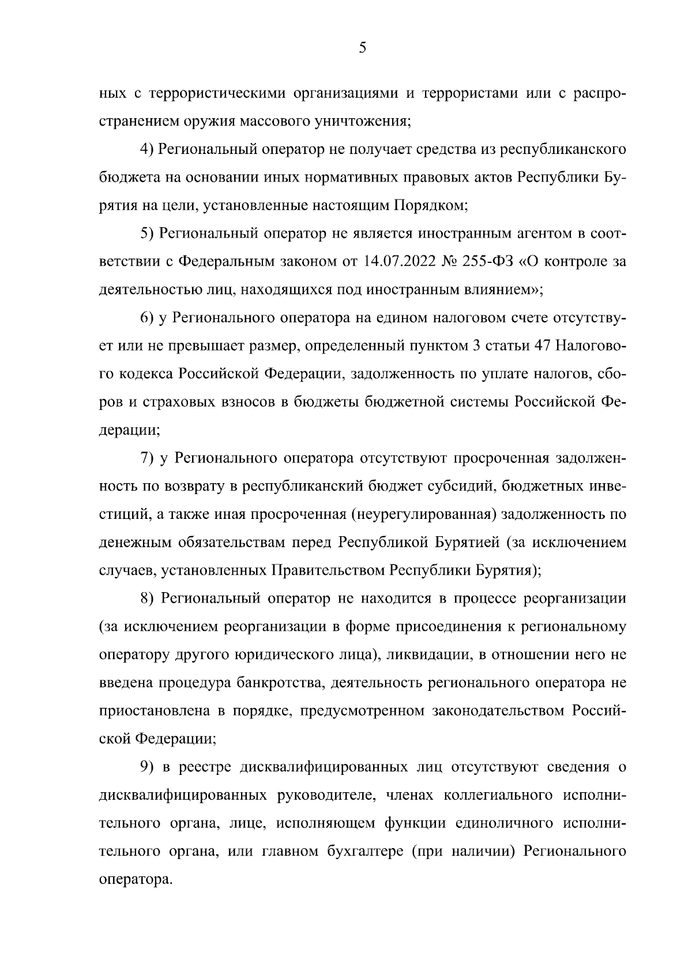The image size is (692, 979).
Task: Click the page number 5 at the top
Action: coord(362,48)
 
